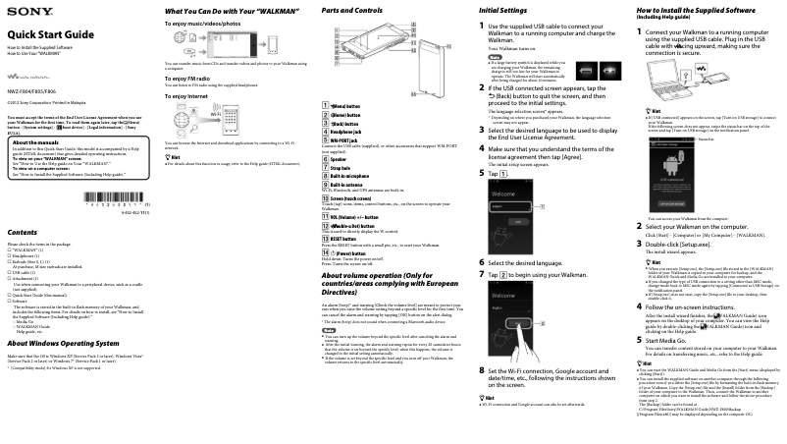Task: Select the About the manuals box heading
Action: pos(41,142)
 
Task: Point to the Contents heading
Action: pos(23,231)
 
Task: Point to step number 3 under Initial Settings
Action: pos(482,130)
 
